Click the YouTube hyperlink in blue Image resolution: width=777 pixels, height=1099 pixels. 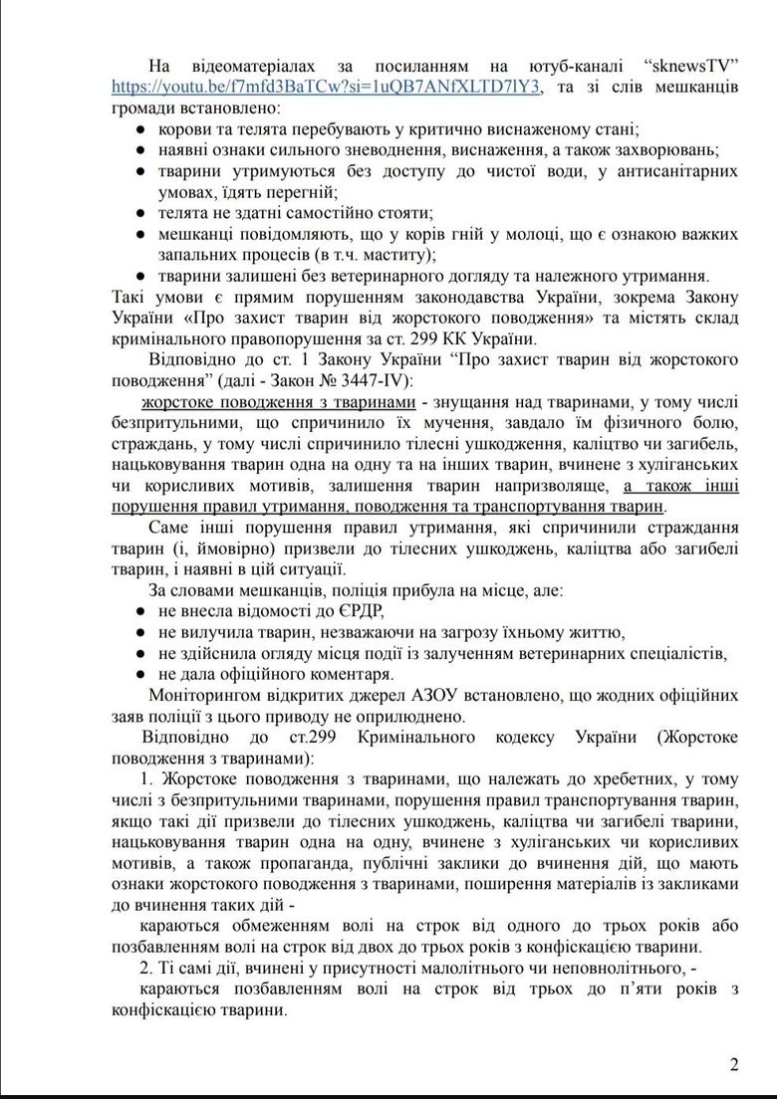(x=327, y=87)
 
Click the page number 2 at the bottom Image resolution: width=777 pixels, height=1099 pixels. (x=734, y=1065)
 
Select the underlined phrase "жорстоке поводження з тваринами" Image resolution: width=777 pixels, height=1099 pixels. (x=278, y=402)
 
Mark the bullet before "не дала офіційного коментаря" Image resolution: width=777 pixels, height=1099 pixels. (x=143, y=674)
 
